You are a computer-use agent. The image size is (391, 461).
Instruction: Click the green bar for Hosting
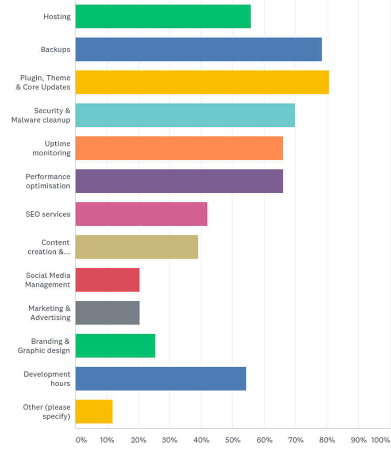163,16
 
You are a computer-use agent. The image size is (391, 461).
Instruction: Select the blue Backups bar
199,49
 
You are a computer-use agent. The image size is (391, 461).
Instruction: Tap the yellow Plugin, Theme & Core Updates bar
202,82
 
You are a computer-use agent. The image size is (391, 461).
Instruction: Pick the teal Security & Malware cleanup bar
185,115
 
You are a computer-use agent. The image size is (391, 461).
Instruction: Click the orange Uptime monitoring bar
179,148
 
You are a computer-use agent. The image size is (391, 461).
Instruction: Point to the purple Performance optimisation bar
179,181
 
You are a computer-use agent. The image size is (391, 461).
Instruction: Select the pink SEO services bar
141,214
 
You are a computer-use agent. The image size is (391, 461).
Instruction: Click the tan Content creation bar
137,247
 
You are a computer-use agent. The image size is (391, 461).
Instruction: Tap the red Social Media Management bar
107,280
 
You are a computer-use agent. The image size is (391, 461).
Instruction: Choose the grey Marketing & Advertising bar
107,313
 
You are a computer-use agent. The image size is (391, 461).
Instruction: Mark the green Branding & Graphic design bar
115,345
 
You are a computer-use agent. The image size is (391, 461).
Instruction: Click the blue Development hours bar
161,379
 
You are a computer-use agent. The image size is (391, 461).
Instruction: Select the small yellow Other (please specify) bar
94,411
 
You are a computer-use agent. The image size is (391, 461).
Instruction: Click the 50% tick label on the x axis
233,440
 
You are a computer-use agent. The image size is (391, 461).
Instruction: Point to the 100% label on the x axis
380,440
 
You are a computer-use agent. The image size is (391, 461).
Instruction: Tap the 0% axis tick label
81,440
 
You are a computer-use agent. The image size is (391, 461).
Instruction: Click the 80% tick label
327,440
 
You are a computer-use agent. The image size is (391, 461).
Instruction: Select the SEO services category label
48,214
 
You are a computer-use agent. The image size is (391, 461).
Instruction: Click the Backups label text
55,49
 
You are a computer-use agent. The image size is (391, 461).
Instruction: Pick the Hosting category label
57,16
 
